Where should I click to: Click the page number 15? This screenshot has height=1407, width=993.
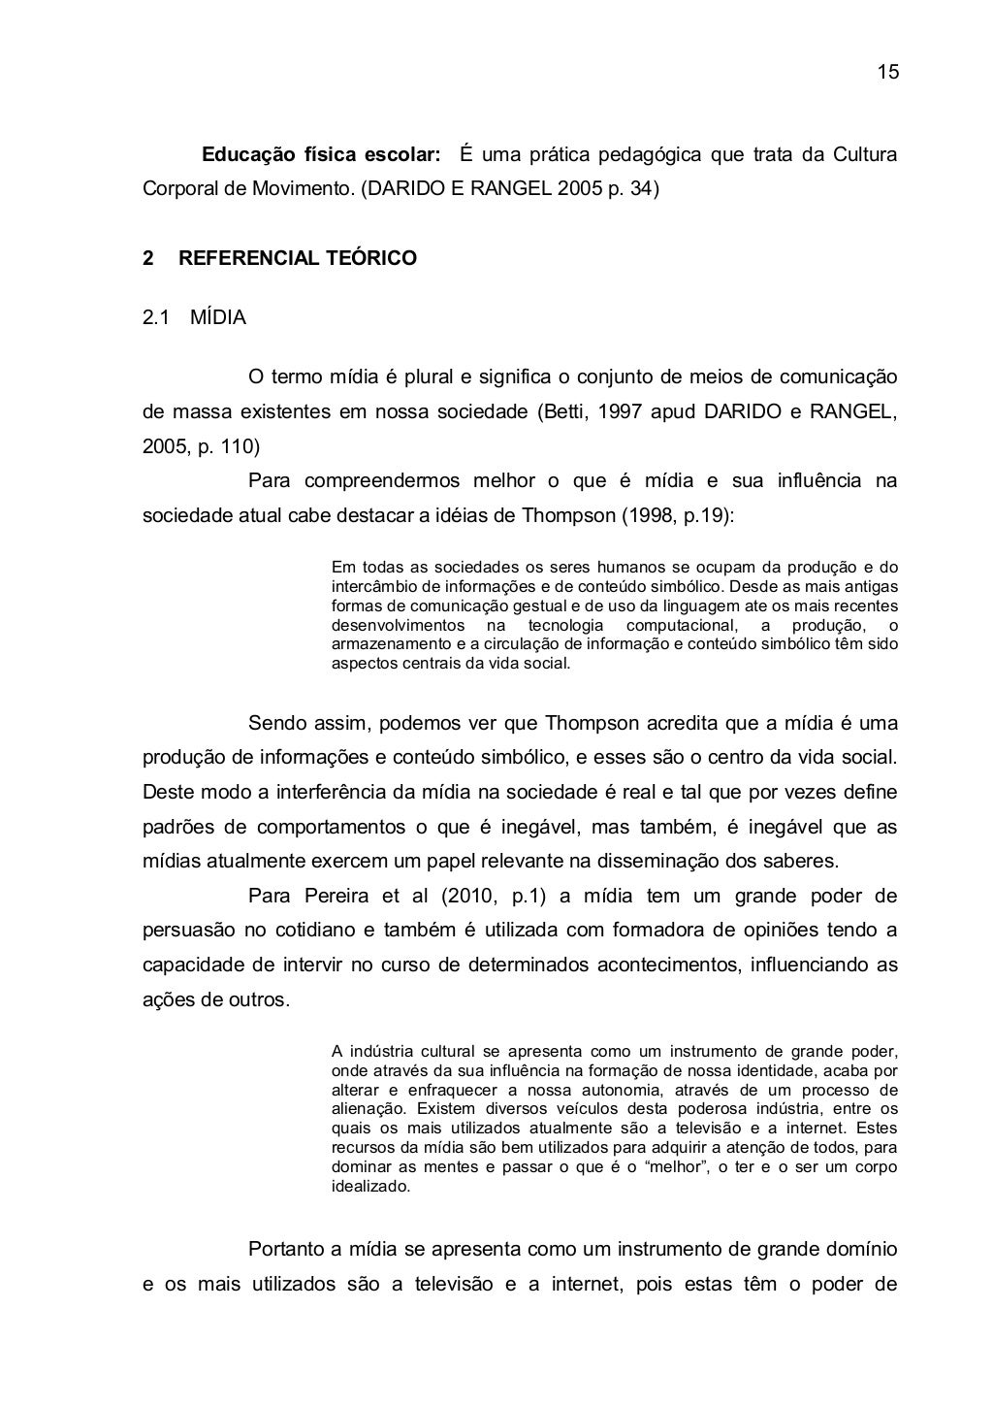pyautogui.click(x=887, y=73)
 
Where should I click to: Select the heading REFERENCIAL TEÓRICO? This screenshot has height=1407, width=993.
pyautogui.click(x=298, y=258)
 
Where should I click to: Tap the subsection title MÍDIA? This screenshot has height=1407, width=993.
pyautogui.click(x=218, y=317)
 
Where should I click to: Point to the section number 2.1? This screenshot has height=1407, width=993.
pyautogui.click(x=156, y=317)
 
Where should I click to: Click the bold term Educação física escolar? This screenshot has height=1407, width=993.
pyautogui.click(x=320, y=155)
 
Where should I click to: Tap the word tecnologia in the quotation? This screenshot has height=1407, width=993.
pyautogui.click(x=565, y=625)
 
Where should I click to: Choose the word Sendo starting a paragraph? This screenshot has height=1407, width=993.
pyautogui.click(x=278, y=723)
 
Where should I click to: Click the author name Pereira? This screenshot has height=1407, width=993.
pyautogui.click(x=336, y=896)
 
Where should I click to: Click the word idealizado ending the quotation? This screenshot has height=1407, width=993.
pyautogui.click(x=370, y=1187)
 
